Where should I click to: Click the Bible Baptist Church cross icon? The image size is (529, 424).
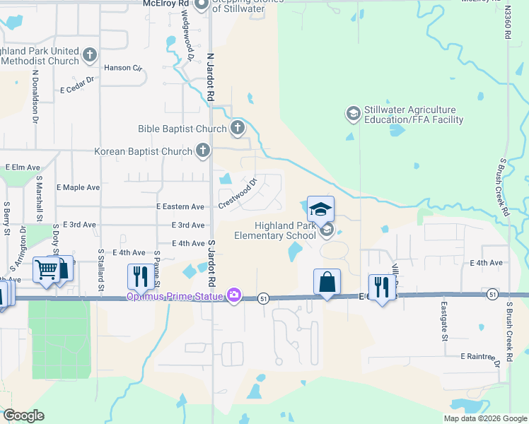click(238, 129)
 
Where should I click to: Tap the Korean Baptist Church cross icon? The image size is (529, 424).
click(203, 151)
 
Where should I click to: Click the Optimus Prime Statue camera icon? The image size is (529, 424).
click(234, 297)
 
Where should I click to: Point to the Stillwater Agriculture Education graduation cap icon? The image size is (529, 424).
click(353, 113)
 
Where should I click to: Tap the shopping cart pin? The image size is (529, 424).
click(47, 270)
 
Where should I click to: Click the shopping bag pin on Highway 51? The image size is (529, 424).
click(327, 283)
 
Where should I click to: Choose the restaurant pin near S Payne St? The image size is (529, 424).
click(139, 277)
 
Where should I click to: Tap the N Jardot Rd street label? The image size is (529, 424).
click(210, 78)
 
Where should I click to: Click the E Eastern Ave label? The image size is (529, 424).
click(180, 207)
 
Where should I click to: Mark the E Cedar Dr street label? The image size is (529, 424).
click(77, 85)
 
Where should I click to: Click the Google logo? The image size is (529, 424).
click(24, 416)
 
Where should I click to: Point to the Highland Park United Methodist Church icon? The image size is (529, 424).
click(90, 54)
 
